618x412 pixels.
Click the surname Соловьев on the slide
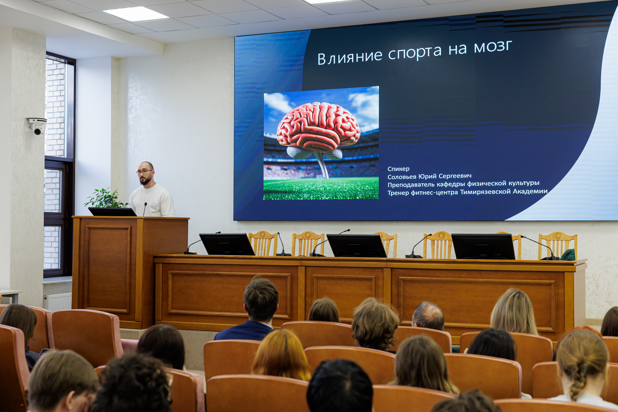402,177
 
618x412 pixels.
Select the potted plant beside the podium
105,198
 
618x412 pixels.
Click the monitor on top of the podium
112,212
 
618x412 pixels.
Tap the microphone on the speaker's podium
145,209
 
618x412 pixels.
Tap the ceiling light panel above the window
136,14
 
